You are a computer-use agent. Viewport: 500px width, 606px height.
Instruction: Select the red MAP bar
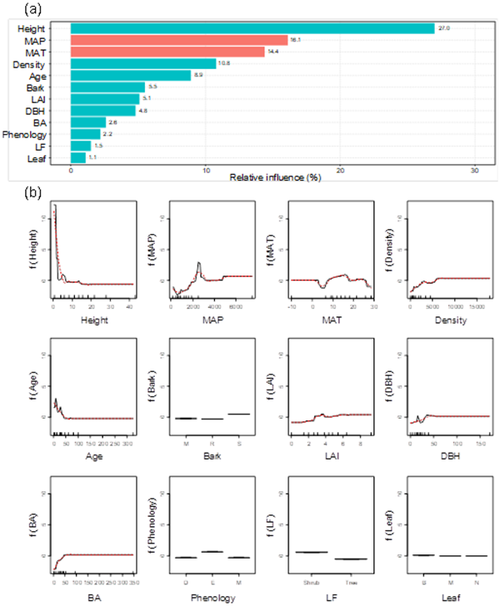tap(179, 40)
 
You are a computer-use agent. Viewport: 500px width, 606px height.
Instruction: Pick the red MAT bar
tap(167, 52)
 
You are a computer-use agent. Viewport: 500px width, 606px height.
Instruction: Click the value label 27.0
tap(443, 28)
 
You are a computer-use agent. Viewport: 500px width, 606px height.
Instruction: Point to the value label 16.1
tap(294, 40)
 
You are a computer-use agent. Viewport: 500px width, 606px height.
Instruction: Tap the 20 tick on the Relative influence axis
tap(339, 169)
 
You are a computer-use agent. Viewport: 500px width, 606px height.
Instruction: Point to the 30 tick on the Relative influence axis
tap(473, 169)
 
